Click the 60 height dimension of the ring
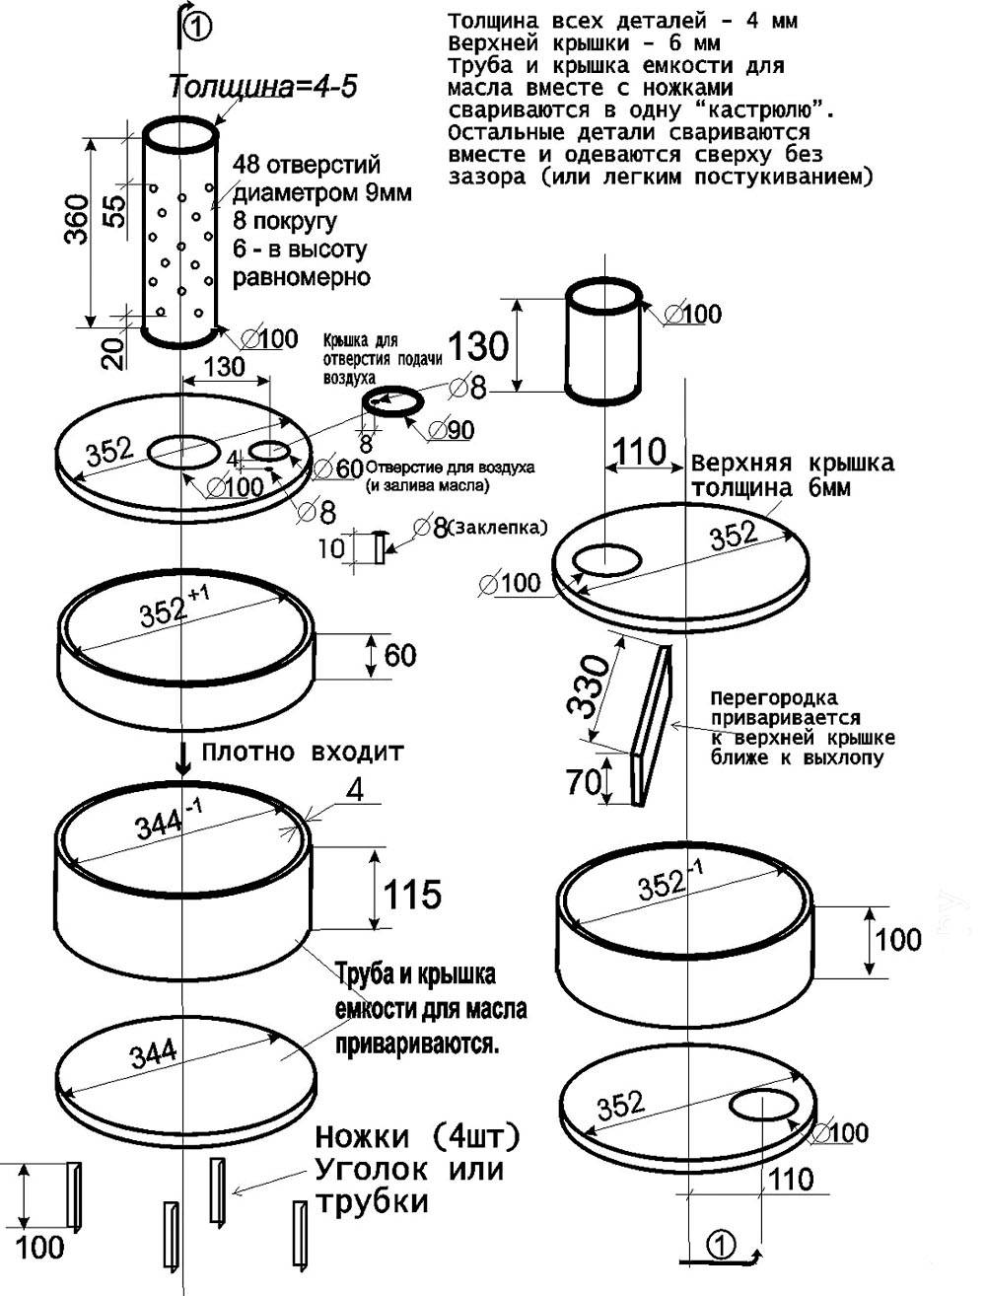[400, 655]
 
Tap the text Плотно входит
[303, 753]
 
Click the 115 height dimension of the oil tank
[412, 895]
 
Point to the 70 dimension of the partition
[584, 783]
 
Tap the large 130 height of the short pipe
[478, 346]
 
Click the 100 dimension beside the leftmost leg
[40, 1247]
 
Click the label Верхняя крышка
[792, 464]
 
